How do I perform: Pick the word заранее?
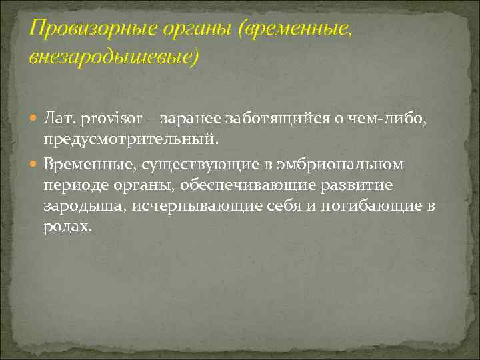coord(176,119)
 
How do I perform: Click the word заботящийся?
coord(257,119)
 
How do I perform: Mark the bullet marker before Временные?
coord(35,163)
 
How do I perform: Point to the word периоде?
coord(71,184)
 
